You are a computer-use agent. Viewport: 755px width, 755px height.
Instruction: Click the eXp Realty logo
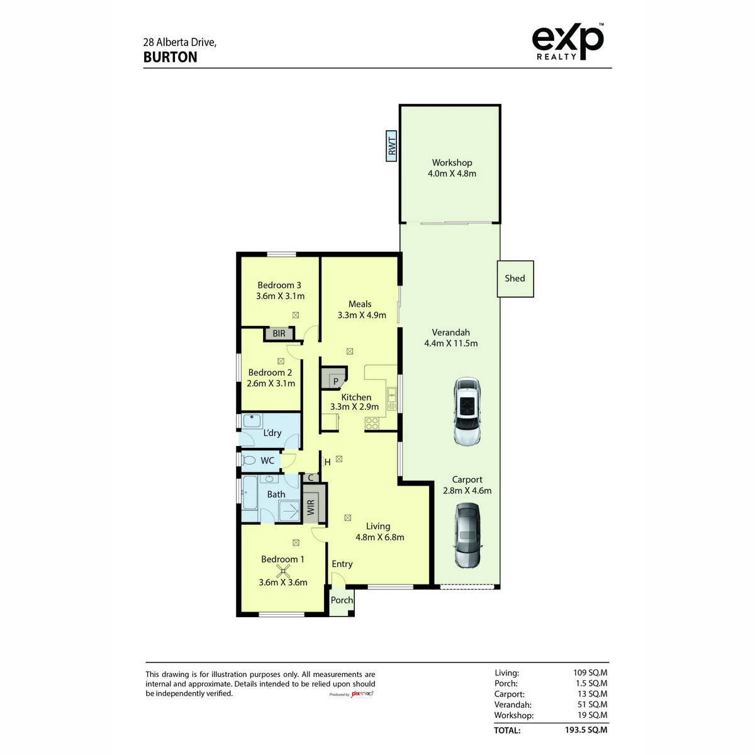568,42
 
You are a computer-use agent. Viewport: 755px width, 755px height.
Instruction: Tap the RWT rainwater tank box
391,146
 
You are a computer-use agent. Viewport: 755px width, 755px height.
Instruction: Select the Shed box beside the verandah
515,279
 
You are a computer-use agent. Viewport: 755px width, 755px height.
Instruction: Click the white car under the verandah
467,411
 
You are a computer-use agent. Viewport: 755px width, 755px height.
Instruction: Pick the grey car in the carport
467,535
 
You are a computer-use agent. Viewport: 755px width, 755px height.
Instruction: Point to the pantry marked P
334,377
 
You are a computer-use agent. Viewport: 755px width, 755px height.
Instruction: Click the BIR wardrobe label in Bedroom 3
279,333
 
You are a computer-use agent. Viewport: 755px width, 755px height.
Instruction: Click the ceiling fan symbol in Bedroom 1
283,571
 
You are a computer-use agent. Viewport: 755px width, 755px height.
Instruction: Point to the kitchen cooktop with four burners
372,423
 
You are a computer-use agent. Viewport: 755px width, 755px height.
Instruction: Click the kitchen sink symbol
391,399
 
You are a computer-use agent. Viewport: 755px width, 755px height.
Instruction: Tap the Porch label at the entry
342,600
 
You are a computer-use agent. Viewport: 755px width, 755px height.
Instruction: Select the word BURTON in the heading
171,57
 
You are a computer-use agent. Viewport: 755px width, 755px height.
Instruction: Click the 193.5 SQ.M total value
586,730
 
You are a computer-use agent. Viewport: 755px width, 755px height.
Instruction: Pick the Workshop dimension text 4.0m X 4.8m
452,174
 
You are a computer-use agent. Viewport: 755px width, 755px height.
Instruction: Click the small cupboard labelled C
311,478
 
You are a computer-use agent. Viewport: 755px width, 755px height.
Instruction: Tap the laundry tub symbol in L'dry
252,421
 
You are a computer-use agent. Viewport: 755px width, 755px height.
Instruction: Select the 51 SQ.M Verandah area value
592,704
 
